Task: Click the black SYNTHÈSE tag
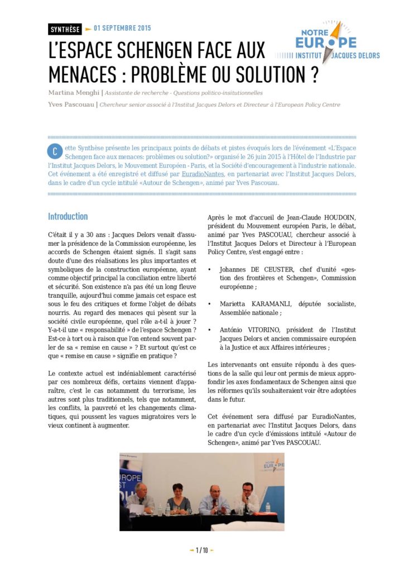pos(64,29)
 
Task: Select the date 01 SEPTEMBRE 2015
pos(122,28)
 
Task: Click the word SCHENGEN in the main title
pos(181,51)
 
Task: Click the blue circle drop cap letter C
pos(55,152)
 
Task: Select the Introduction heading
pos(68,216)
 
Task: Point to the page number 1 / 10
pos(201,550)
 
